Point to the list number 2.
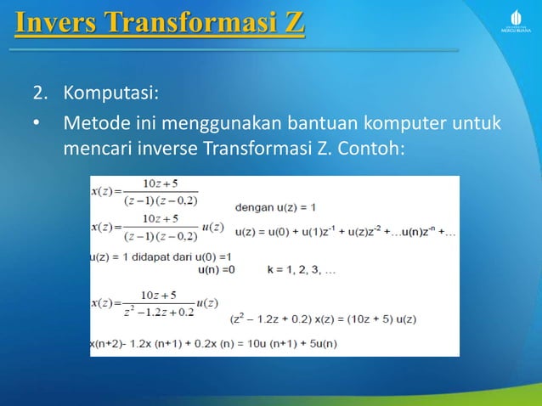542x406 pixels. [x=39, y=92]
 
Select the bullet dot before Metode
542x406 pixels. [x=37, y=127]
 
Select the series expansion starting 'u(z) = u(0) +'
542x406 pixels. [x=344, y=231]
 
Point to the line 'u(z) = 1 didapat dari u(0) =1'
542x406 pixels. [x=161, y=257]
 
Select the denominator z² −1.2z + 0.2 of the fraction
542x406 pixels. [x=158, y=312]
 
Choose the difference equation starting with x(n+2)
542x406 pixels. [x=213, y=343]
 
